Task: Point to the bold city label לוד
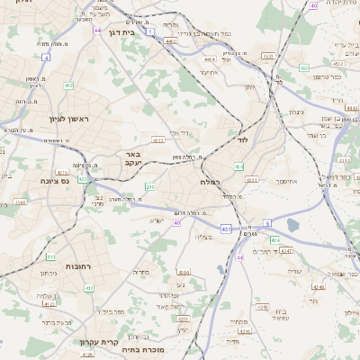point(242,140)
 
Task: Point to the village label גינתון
point(294,112)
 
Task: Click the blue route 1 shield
point(150,31)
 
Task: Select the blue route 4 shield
point(45,57)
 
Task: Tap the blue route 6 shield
point(266,222)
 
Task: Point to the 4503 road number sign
point(267,56)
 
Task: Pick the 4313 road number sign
point(158,140)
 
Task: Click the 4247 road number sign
point(285,251)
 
